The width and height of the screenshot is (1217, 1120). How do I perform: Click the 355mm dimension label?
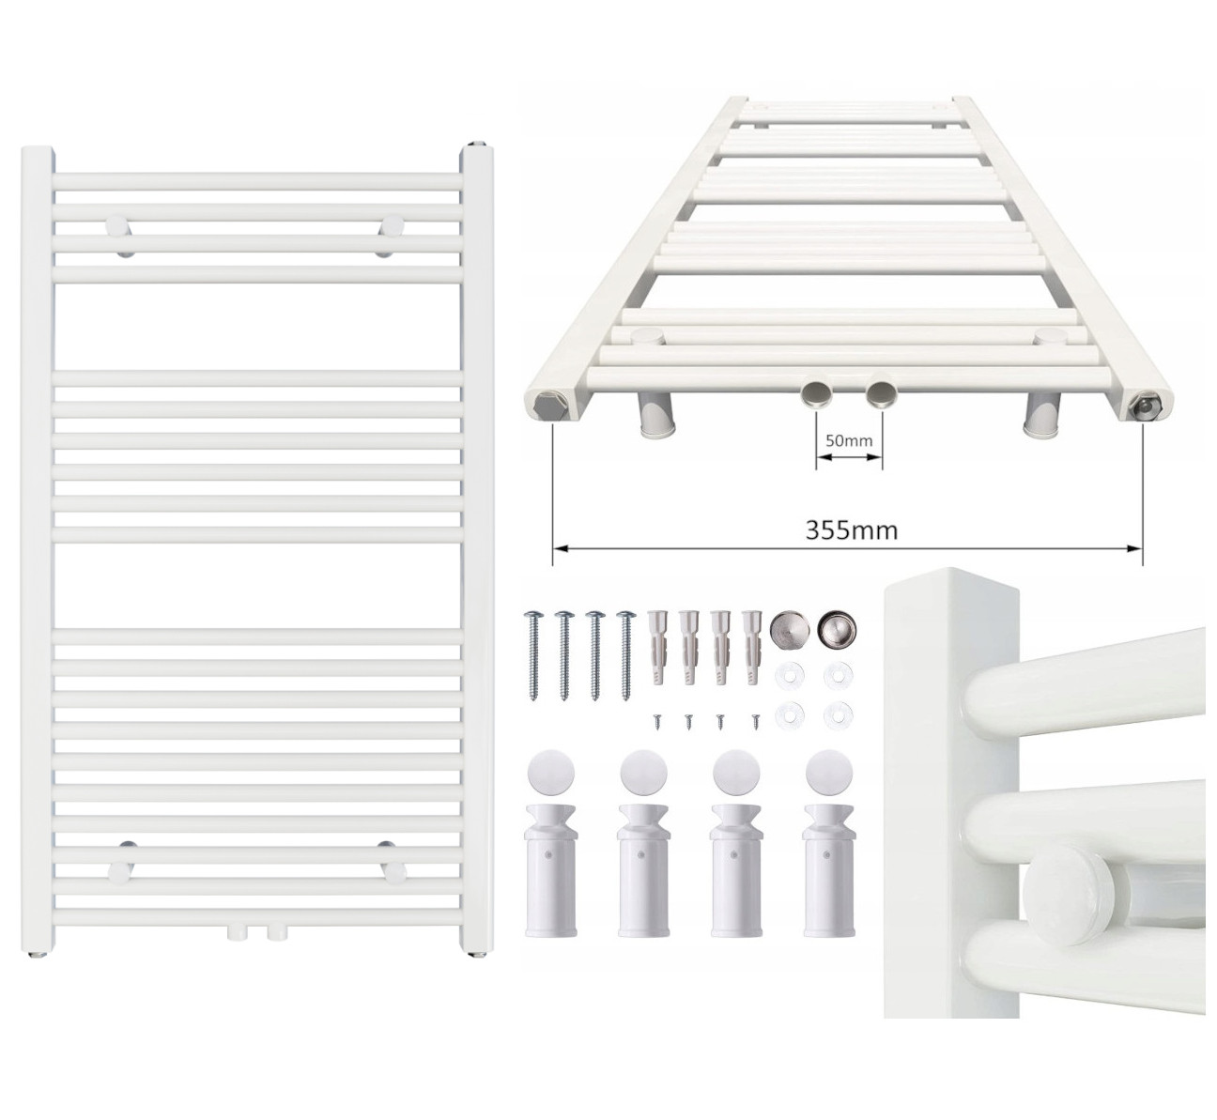851,530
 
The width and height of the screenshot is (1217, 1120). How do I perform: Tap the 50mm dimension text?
849,441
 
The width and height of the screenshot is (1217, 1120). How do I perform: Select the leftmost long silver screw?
533,655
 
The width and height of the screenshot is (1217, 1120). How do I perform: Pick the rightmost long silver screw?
626,655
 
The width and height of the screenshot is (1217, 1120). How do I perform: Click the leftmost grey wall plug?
657,648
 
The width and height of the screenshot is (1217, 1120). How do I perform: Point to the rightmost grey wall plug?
751,648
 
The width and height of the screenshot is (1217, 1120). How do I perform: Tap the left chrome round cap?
790,630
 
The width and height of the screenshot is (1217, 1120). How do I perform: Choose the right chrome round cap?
837,630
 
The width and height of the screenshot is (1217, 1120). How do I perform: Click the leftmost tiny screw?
656,722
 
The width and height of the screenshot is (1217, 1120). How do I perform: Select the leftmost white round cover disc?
551,773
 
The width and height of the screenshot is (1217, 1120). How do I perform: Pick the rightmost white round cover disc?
829,773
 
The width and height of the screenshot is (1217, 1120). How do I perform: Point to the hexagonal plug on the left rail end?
550,405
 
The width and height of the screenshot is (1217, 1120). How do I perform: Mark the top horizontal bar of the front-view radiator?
258,181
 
